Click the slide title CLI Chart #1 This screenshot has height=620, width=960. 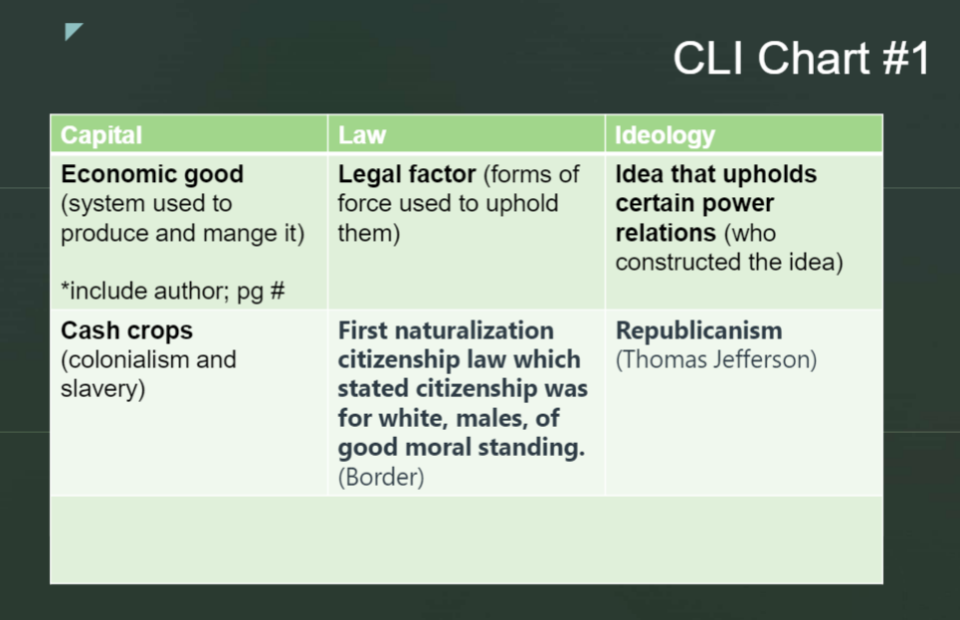[x=802, y=58]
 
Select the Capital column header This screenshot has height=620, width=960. [x=101, y=134]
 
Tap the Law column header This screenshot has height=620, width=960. [x=362, y=134]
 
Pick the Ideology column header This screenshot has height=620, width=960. [x=665, y=135]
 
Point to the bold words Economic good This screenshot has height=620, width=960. [x=152, y=174]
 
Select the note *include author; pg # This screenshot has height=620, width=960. [x=173, y=291]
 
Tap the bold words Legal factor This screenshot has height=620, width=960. [x=407, y=174]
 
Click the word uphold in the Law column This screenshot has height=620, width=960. [x=522, y=203]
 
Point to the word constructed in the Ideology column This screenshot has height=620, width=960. [x=677, y=262]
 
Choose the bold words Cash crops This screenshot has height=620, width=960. [x=126, y=330]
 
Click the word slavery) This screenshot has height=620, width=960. [x=102, y=389]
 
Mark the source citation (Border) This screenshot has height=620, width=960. [x=381, y=478]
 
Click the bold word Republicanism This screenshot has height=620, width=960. [x=698, y=330]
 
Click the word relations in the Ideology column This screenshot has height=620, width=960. [x=666, y=233]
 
